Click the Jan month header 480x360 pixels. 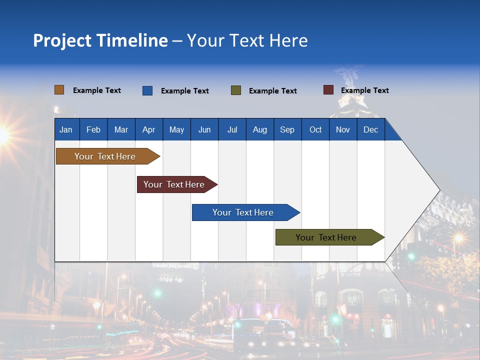point(66,130)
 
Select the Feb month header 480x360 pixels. point(93,130)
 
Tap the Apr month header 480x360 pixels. point(148,130)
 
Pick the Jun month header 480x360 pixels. point(204,130)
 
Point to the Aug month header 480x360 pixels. point(259,130)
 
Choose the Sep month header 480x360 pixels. point(287,130)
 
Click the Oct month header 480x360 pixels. point(315,130)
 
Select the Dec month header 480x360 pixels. point(370,130)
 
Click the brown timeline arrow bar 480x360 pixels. point(105,156)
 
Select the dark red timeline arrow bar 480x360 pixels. point(174,184)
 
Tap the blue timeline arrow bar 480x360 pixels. point(243,212)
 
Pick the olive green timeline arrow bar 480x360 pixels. point(326,237)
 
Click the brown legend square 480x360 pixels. point(59,90)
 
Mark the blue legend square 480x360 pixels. point(147,90)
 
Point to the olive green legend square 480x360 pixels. point(235,90)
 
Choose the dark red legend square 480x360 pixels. point(328,90)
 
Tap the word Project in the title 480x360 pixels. point(61,40)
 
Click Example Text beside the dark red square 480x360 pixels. point(364,90)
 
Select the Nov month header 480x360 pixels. point(342,130)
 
